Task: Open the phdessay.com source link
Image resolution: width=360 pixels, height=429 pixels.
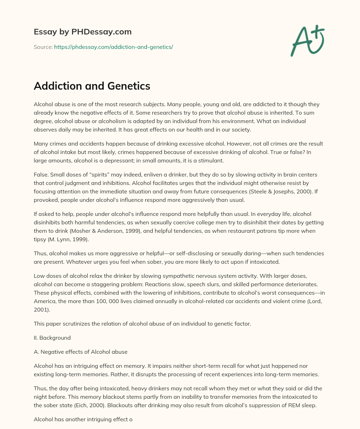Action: point(113,47)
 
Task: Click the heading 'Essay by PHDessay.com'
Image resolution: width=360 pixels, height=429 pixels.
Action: point(83,32)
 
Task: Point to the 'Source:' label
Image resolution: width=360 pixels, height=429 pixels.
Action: point(43,47)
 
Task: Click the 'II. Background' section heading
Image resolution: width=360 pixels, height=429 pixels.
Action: point(52,338)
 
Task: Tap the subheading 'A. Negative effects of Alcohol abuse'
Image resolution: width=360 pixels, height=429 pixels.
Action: point(81,352)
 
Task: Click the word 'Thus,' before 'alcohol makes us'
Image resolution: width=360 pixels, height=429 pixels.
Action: point(41,253)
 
